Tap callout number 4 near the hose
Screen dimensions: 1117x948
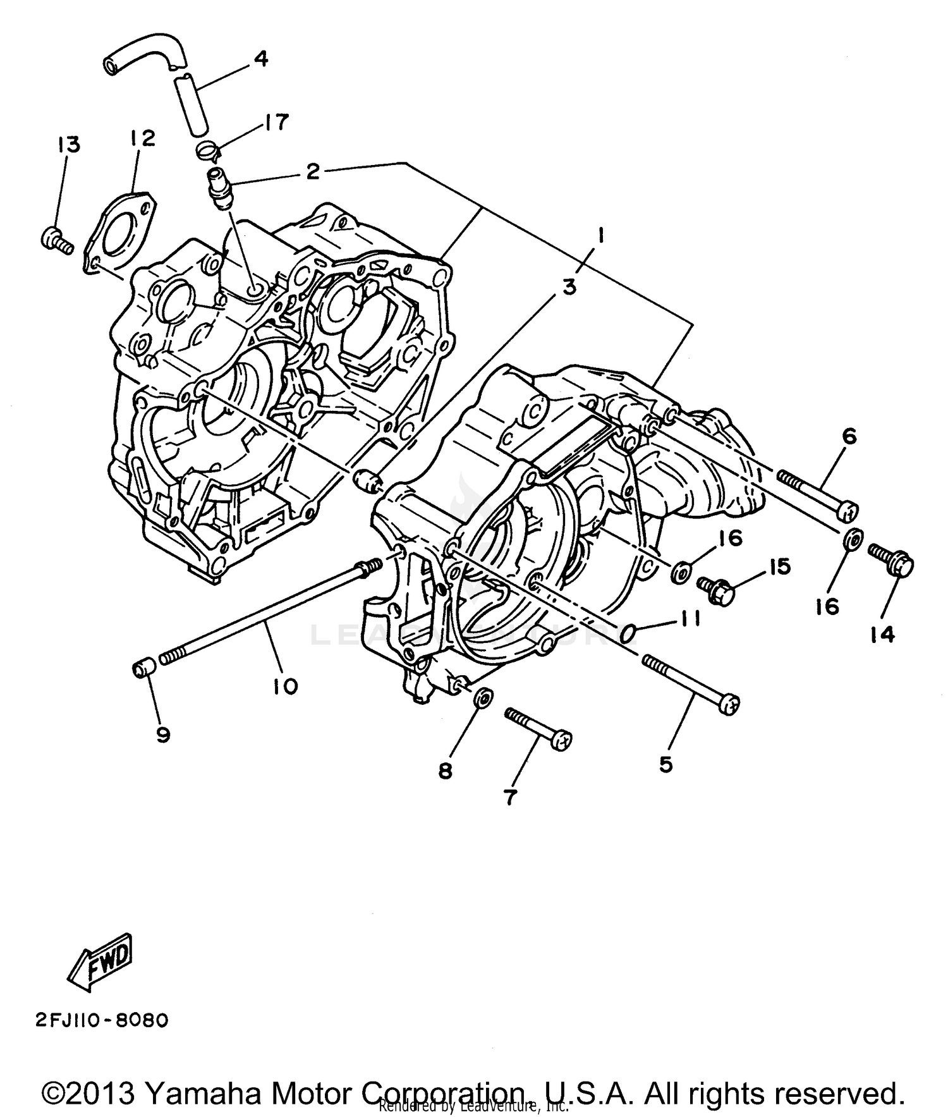(260, 59)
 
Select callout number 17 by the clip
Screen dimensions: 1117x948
(277, 121)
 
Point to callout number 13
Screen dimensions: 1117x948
(69, 145)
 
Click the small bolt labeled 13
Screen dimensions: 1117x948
(56, 241)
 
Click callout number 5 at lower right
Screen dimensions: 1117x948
(666, 764)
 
